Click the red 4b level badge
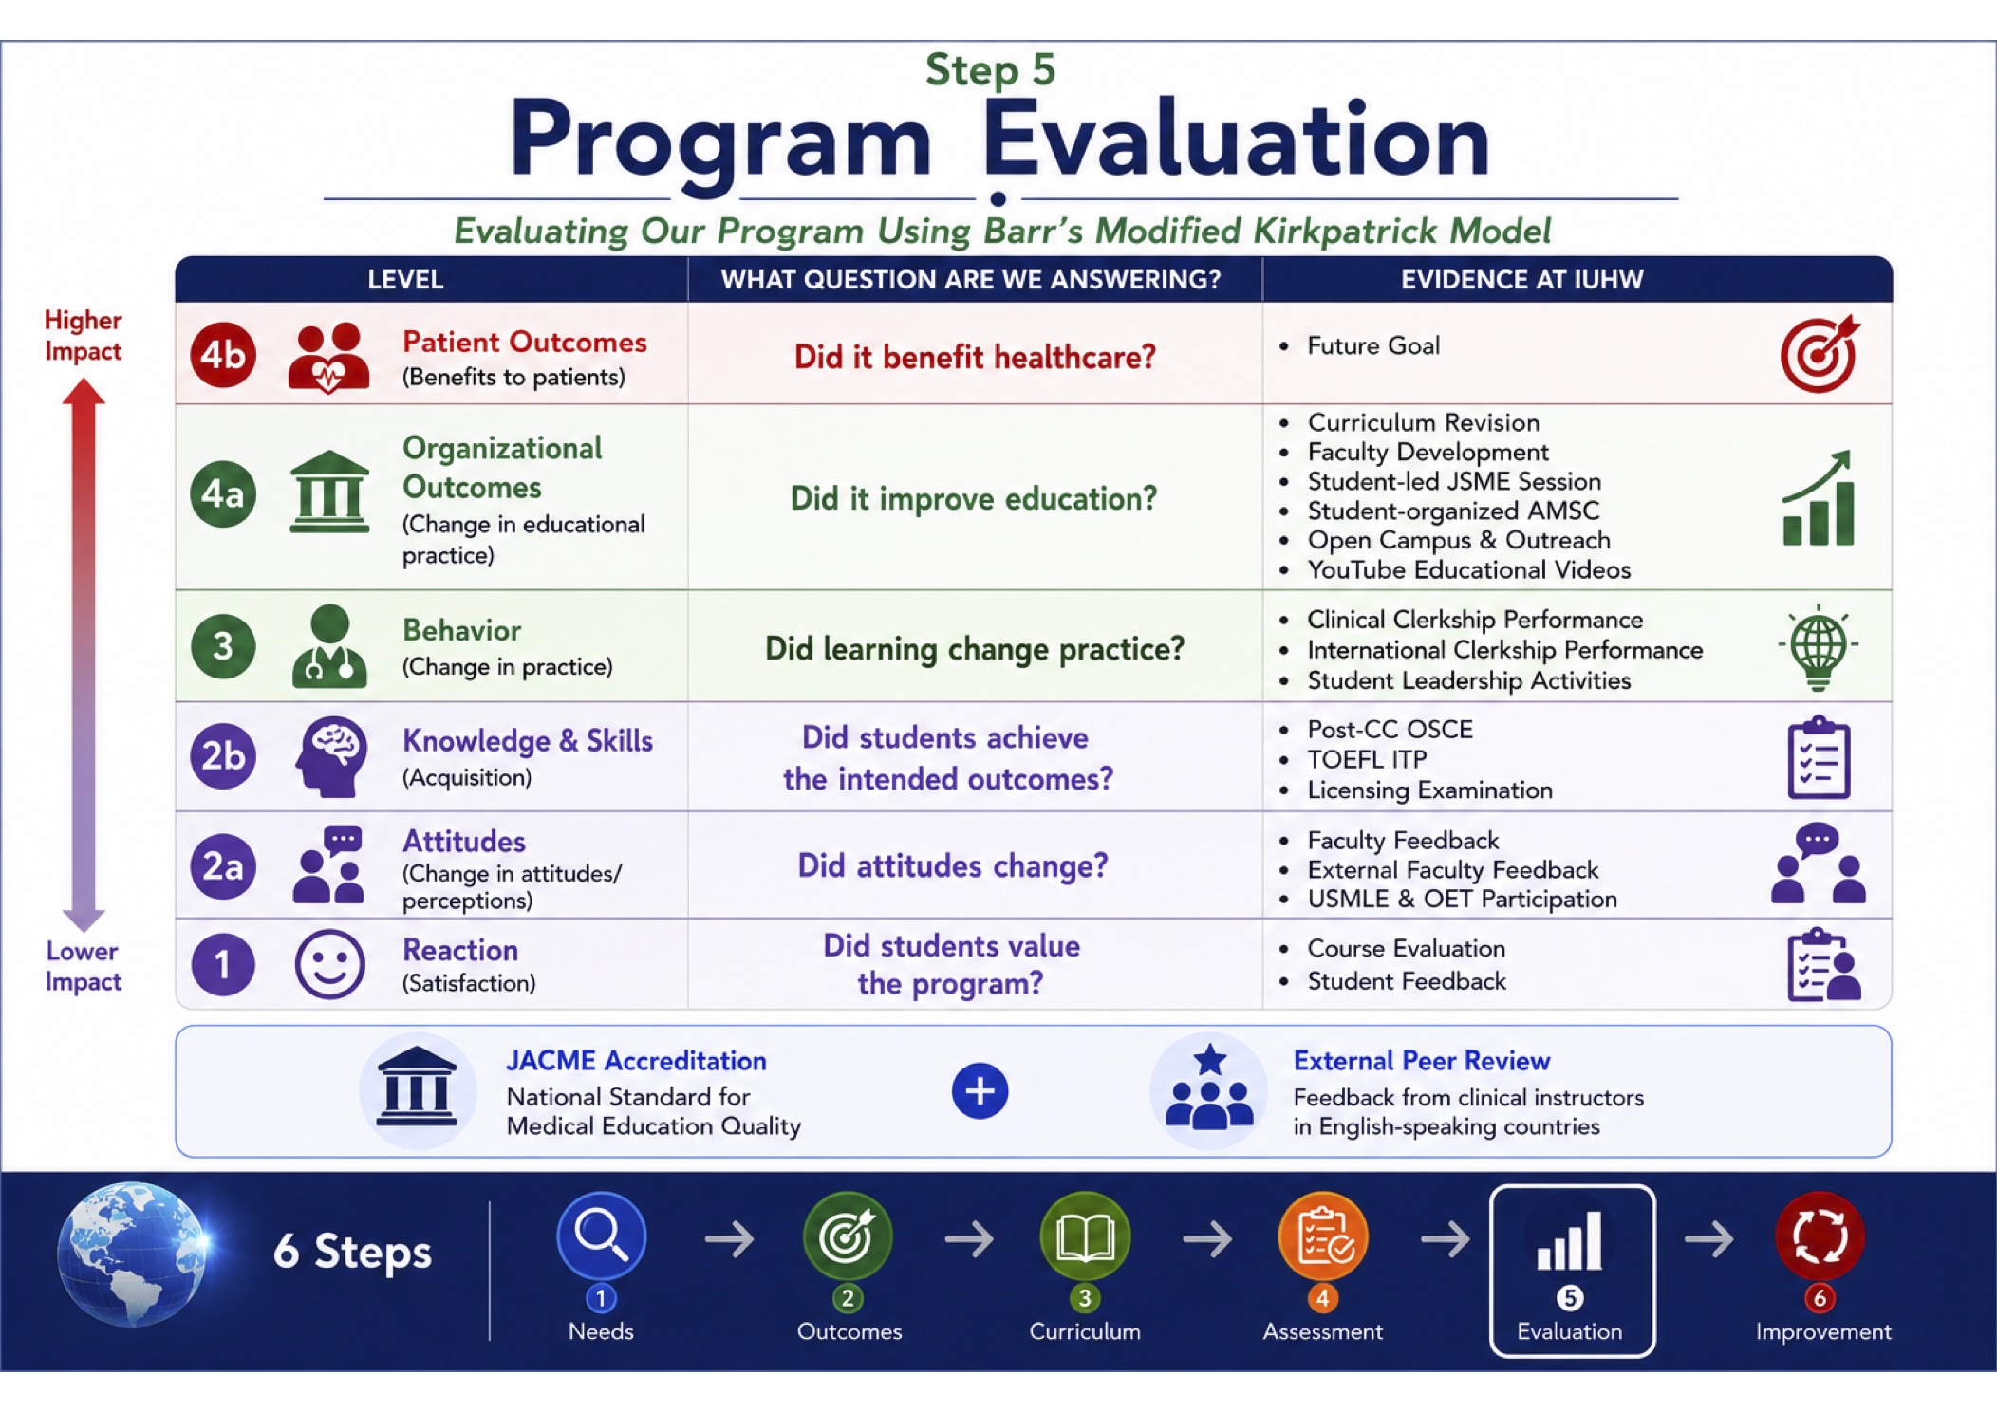click(223, 355)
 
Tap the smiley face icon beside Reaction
click(329, 964)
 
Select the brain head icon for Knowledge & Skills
click(329, 756)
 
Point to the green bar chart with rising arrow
click(1819, 497)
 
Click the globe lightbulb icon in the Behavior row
click(1818, 646)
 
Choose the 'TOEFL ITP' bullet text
click(1367, 759)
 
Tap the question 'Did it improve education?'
click(974, 498)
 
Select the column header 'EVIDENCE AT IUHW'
click(1522, 279)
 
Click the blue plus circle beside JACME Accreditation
click(980, 1091)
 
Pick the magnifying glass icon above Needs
click(602, 1235)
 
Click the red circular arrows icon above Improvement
click(1820, 1235)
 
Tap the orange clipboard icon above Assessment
click(1323, 1235)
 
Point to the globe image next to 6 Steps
click(131, 1253)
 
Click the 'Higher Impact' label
click(83, 335)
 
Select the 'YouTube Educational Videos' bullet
click(1469, 569)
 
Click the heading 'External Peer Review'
click(1422, 1060)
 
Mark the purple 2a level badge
click(223, 865)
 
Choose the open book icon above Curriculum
click(1085, 1235)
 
